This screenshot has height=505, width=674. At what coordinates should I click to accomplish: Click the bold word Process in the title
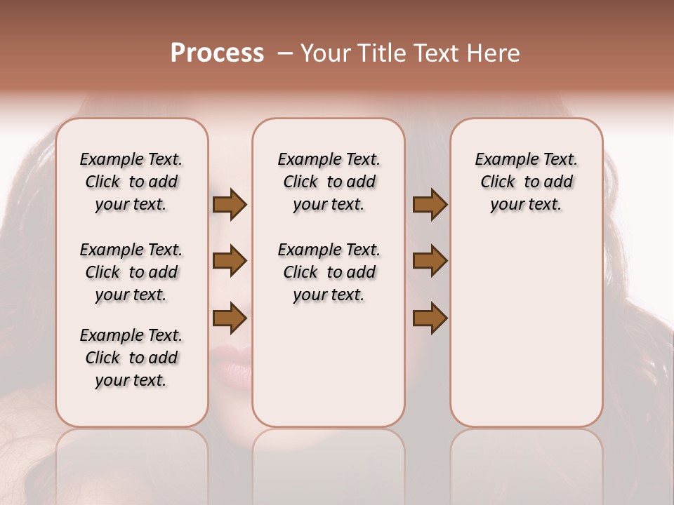(217, 53)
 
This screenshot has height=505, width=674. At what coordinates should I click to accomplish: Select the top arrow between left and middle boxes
(230, 204)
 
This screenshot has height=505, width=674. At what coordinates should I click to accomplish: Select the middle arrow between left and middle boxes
(230, 261)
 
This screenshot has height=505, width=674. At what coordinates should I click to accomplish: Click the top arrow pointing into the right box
(430, 204)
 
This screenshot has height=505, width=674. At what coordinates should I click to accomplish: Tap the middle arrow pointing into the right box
(430, 261)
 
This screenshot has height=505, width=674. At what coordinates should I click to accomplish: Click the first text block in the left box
(131, 182)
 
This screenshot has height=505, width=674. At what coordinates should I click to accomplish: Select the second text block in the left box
(131, 272)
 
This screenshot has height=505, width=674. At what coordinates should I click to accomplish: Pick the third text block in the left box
(131, 358)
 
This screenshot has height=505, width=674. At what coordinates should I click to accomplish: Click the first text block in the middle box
(329, 182)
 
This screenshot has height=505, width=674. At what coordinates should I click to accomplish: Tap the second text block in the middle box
(329, 272)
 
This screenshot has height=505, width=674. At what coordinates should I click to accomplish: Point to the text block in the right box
(526, 182)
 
